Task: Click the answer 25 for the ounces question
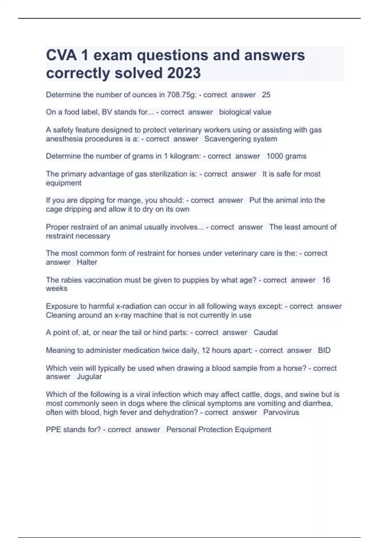tap(266, 95)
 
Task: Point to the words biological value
tap(245, 112)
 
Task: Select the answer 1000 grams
tap(286, 156)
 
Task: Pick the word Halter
tap(87, 262)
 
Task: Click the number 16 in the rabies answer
tap(326, 280)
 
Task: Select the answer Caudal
tap(266, 332)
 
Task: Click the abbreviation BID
tap(324, 350)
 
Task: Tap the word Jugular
tap(89, 377)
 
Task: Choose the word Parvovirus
tap(281, 412)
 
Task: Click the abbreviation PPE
tap(53, 429)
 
